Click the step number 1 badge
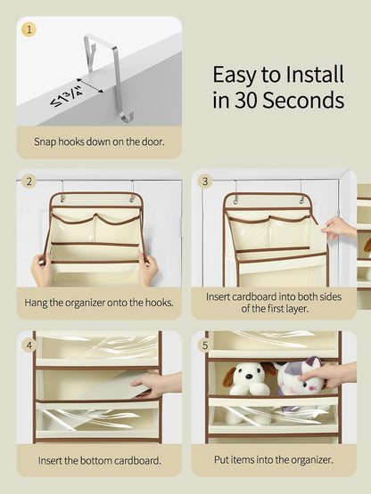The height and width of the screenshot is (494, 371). (x=29, y=29)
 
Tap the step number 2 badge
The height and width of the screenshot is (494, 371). (x=29, y=182)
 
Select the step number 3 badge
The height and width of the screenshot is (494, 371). (x=205, y=182)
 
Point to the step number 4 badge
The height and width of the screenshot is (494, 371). (x=29, y=345)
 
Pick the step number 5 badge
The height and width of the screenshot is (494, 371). (x=205, y=345)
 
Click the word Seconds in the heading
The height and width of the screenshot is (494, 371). (x=303, y=101)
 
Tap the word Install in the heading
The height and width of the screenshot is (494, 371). (x=315, y=75)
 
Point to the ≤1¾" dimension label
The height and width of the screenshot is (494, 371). (x=66, y=96)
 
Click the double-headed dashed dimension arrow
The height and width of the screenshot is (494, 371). (x=90, y=85)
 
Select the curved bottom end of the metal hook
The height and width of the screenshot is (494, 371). (x=127, y=117)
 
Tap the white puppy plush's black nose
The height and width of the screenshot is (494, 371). (x=249, y=376)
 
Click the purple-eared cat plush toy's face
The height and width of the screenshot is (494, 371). (x=300, y=383)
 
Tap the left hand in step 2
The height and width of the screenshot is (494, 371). (x=41, y=270)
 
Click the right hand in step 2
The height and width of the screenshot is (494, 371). (x=147, y=270)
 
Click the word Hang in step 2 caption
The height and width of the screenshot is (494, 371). (x=36, y=303)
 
